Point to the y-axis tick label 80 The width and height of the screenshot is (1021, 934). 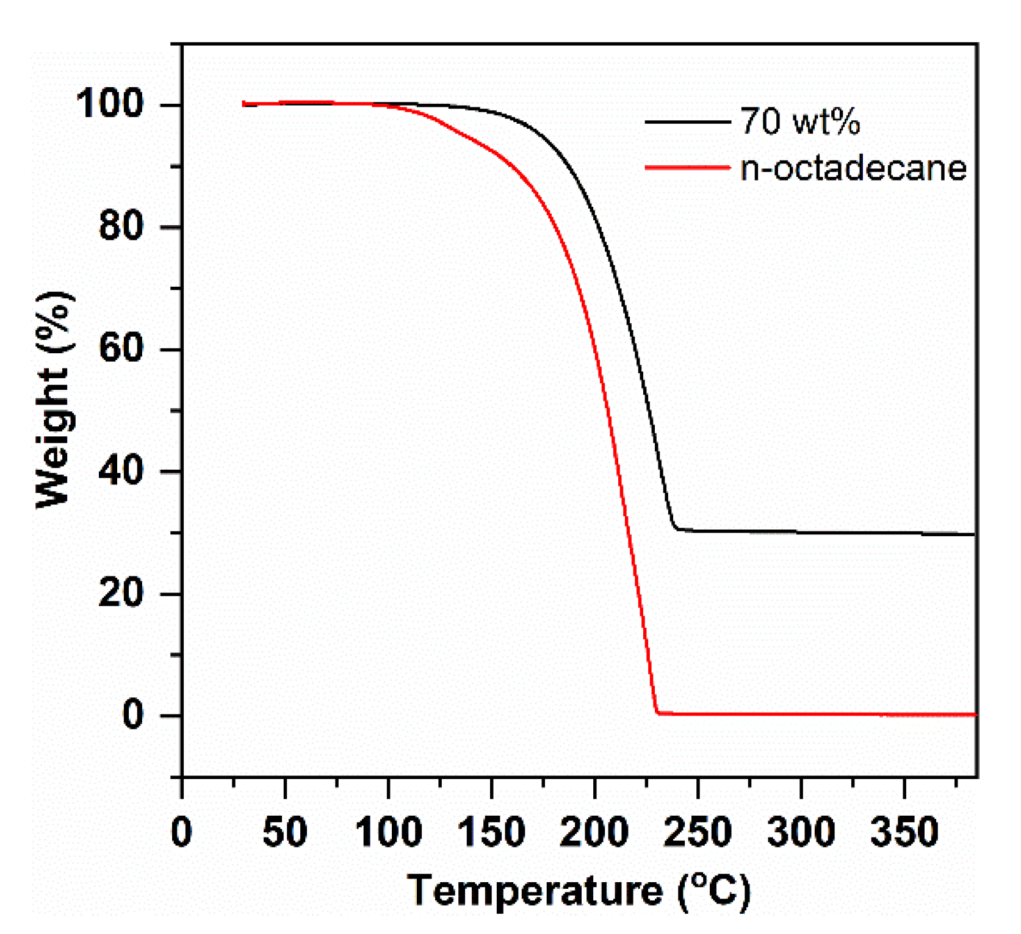(x=121, y=226)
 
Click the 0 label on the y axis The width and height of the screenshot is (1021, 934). (x=133, y=714)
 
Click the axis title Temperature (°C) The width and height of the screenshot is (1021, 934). (x=579, y=891)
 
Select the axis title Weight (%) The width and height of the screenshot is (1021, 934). (x=54, y=400)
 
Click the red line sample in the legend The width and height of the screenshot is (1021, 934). (x=688, y=167)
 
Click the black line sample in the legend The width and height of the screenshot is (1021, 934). (x=688, y=122)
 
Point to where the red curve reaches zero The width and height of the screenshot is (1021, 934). (x=657, y=712)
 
